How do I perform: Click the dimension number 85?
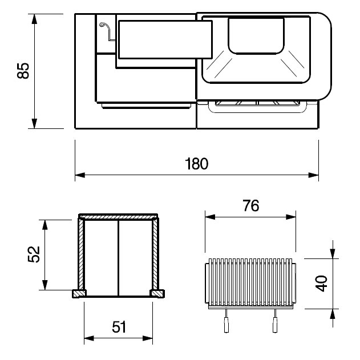coord(23,71)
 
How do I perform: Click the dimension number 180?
coord(197,164)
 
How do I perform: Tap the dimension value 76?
coord(251,205)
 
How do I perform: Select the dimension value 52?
coord(34,254)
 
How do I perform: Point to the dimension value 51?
coord(119,327)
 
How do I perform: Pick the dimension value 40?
coord(321,284)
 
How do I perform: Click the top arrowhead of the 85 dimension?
coord(34,19)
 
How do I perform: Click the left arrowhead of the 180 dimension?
coord(80,175)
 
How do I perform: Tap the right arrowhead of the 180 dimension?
coord(313,175)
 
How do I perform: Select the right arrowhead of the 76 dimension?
coord(291,217)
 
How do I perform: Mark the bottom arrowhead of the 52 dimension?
coord(45,285)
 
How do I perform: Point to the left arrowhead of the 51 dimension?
coord(89,338)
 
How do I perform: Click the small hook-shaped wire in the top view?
coord(106,31)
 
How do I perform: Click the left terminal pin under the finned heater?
coord(226,321)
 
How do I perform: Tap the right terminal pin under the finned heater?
coord(274,321)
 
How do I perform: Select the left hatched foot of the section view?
coord(79,294)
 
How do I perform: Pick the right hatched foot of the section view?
coord(157,294)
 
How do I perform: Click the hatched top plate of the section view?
coord(118,217)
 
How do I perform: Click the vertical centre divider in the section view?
coord(119,258)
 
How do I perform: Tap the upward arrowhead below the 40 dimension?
coord(333,314)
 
